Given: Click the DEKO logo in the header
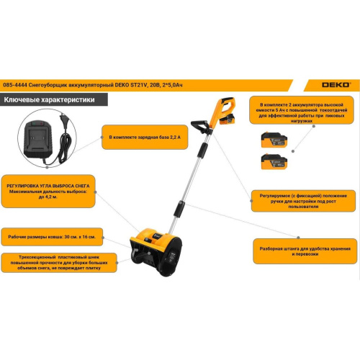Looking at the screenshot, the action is coord(336,85).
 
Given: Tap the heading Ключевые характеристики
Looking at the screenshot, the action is coord(49,99).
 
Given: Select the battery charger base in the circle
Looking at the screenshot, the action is coord(38,140).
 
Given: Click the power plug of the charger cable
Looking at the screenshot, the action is coord(64,120).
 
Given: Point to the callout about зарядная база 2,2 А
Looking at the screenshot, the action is coord(145,137).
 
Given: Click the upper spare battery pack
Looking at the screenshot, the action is coord(274,140).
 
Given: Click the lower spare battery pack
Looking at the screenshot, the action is coord(274,161).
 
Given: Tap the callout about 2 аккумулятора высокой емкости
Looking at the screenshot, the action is coord(302,110).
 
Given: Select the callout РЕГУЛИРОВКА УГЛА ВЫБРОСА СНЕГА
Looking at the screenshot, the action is coord(48,192).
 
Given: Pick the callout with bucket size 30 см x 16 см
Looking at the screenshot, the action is coord(52,237).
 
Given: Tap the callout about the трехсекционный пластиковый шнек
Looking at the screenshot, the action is coord(59,263).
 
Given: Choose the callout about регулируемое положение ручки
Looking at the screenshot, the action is coord(303,201).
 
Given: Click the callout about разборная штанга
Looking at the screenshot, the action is coord(305,251).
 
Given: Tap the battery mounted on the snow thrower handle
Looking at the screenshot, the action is coord(227,120).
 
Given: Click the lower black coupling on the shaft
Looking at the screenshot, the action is coord(179,209).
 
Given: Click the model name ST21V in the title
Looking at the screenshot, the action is coord(138,85).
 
